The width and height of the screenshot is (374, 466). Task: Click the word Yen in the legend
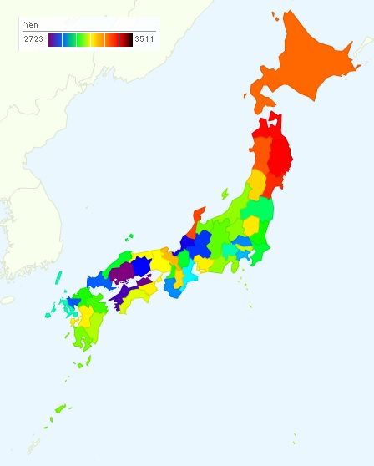click(31, 25)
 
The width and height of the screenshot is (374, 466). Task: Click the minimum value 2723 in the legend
click(33, 39)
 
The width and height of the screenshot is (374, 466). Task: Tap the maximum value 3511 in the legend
click(144, 39)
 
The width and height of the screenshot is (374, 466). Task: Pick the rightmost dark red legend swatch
click(125, 39)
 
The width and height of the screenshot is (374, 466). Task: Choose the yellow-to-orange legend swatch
click(98, 39)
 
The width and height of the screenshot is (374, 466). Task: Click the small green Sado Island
click(225, 194)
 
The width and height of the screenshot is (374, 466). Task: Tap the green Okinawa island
click(60, 409)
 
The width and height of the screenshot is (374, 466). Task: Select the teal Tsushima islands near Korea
click(60, 277)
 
